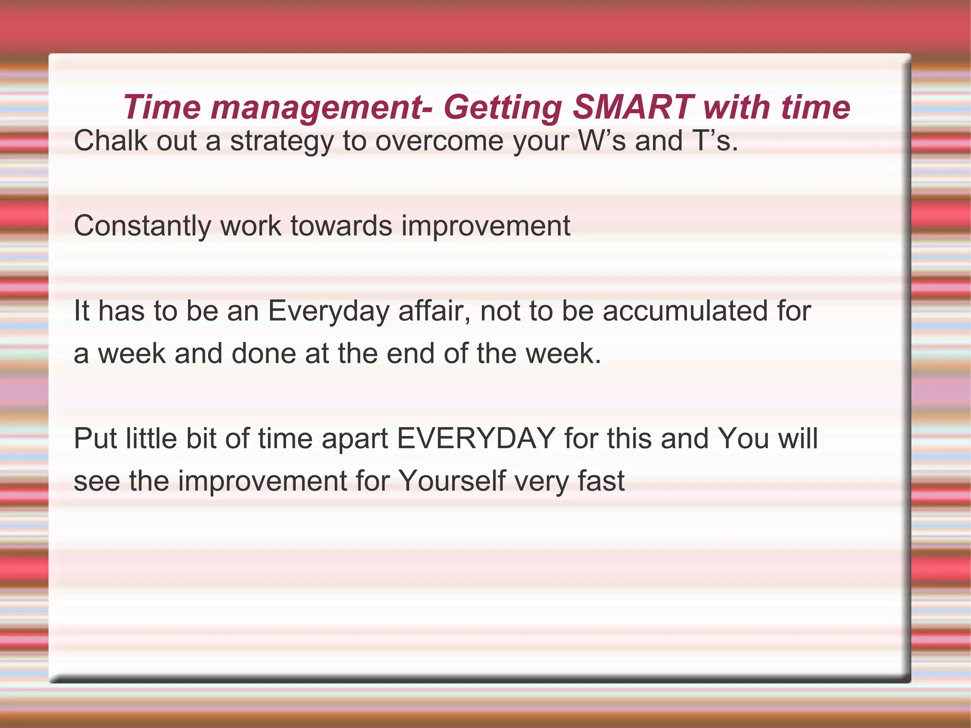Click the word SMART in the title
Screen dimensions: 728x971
633,107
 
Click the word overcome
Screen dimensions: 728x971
439,141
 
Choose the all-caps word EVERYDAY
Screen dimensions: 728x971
476,438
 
